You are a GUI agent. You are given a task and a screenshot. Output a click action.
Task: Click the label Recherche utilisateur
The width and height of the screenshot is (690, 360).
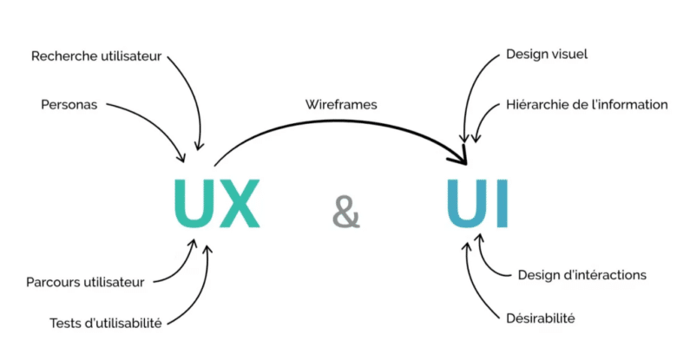click(95, 56)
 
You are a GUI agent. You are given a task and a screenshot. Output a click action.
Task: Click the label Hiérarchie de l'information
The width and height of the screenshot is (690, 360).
click(587, 104)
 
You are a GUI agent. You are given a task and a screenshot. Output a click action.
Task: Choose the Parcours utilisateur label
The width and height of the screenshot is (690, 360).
click(85, 281)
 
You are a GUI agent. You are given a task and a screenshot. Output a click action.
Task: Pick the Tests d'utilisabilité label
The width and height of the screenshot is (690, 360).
click(106, 323)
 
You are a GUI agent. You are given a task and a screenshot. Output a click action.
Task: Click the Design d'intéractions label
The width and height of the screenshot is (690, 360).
click(582, 275)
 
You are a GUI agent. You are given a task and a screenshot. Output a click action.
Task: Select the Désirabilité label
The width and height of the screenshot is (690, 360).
click(540, 318)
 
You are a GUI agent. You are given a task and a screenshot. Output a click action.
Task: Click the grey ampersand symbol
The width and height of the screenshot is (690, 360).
click(345, 211)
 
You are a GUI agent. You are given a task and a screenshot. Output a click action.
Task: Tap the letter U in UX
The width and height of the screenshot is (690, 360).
click(192, 205)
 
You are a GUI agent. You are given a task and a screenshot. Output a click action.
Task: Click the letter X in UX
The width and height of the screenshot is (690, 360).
click(238, 205)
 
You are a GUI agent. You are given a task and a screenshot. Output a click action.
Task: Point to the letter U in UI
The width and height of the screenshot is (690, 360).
click(469, 205)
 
